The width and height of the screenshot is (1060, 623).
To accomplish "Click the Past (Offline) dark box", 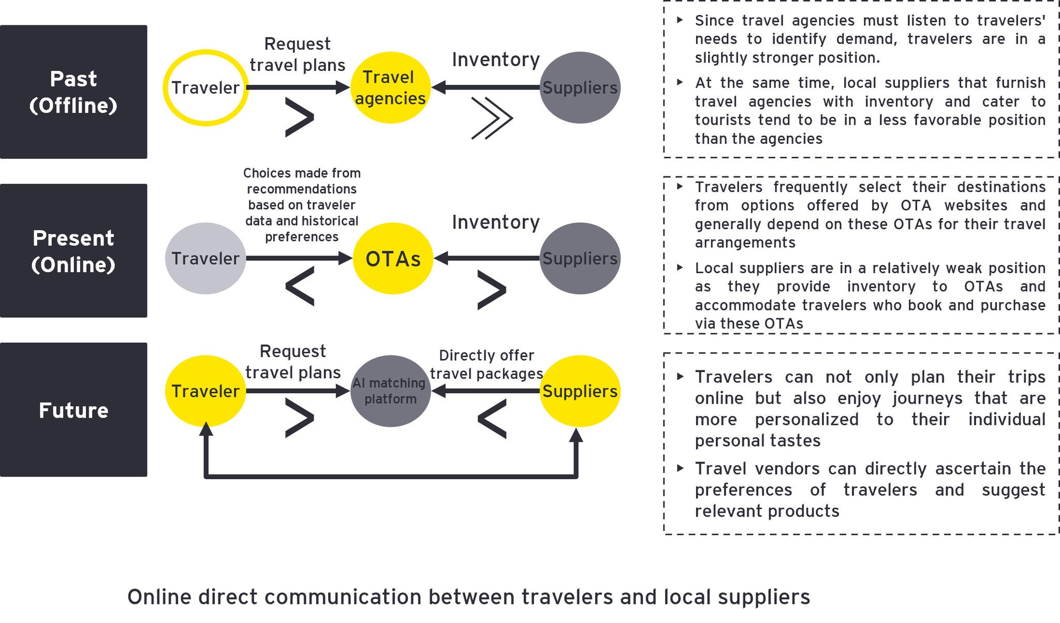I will (x=73, y=92).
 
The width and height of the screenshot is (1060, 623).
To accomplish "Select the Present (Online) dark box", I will (x=73, y=250).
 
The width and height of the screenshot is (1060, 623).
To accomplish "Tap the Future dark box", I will (x=73, y=409).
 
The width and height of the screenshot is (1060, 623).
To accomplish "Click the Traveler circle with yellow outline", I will (x=205, y=87).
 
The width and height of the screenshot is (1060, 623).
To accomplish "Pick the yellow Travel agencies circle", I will (x=390, y=87).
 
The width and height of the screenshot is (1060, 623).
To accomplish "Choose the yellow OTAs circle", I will (x=393, y=258).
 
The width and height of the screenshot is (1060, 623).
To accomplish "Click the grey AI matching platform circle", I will (x=390, y=391).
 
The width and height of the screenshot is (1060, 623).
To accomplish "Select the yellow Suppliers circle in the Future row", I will (x=580, y=391).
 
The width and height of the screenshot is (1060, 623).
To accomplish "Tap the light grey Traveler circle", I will (x=205, y=258).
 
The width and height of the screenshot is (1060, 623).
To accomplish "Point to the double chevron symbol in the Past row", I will (x=492, y=118).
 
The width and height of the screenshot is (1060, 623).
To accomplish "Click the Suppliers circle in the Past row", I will (x=580, y=87).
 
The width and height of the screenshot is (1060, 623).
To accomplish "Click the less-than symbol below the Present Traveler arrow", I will (x=300, y=286).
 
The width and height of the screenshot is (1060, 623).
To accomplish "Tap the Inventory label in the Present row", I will (x=496, y=222).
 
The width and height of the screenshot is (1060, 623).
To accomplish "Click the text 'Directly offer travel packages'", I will (x=486, y=364).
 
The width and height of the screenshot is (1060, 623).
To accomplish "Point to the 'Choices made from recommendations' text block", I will (x=302, y=204).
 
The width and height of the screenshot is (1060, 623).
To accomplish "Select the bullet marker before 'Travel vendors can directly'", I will (x=680, y=468).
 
